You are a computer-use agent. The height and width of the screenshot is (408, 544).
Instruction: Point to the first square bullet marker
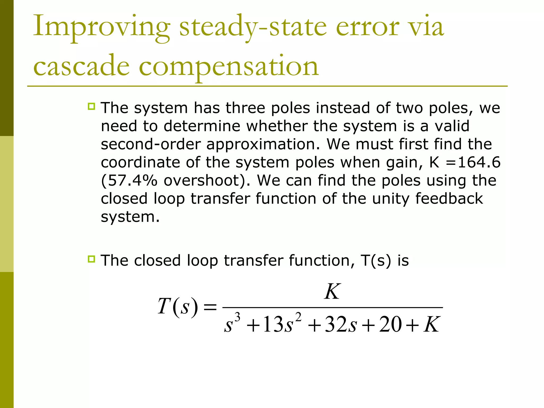[x=91, y=107]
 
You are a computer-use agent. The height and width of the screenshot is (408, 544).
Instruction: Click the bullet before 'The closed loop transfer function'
[x=91, y=259]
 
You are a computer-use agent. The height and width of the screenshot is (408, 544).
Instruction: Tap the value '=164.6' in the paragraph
[x=473, y=162]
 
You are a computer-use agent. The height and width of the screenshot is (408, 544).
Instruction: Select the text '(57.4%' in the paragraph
[x=129, y=180]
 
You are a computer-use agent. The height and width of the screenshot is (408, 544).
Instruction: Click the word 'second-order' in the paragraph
[x=151, y=144]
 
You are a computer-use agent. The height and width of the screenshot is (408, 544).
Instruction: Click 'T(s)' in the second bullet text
[x=376, y=261]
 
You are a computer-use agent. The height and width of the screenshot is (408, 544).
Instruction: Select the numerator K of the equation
[x=332, y=292]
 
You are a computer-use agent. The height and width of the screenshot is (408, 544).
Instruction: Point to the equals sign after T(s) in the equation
[x=210, y=308]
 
